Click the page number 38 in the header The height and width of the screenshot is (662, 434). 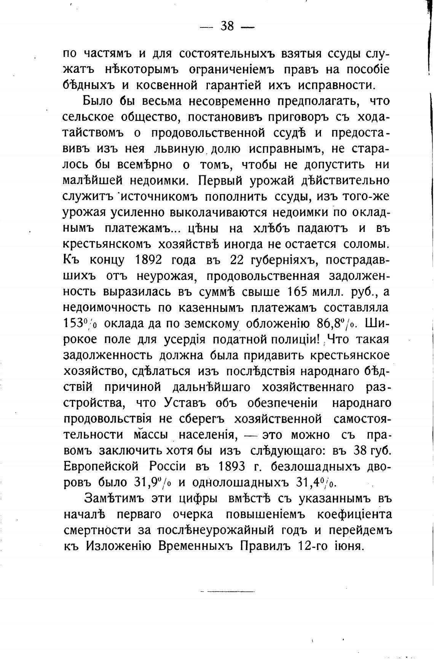tap(227, 26)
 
